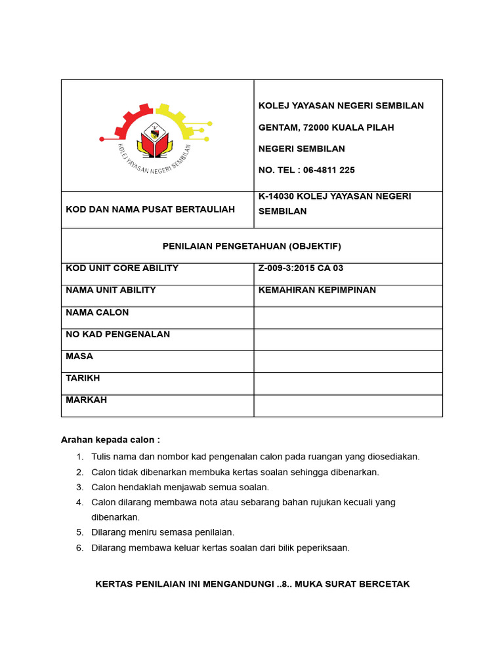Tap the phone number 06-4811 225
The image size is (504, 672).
click(x=325, y=170)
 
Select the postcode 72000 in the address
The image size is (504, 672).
click(x=316, y=127)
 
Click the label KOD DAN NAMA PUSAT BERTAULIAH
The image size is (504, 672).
click(x=150, y=209)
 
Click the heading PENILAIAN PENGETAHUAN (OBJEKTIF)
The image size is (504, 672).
click(x=252, y=246)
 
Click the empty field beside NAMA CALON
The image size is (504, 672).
click(x=348, y=318)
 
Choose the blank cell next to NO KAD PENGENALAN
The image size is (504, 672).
click(x=348, y=339)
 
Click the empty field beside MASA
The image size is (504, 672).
click(x=348, y=362)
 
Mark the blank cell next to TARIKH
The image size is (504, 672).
click(x=348, y=383)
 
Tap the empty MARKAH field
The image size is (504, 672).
click(x=348, y=406)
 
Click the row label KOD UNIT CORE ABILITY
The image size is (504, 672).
click(x=122, y=268)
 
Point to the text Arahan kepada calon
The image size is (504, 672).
click(x=110, y=440)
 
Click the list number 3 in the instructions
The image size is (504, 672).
click(x=79, y=487)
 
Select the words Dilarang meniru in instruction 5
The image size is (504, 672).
click(x=123, y=532)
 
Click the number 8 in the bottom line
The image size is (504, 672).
click(x=284, y=584)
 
